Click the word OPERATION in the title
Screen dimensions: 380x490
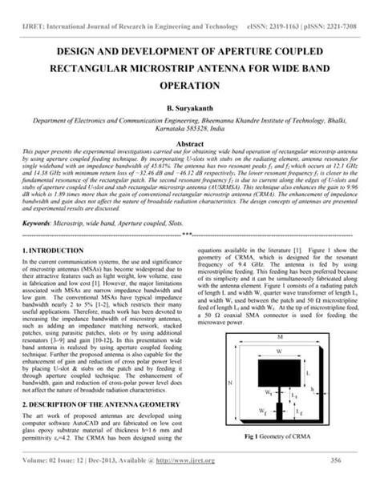(189, 83)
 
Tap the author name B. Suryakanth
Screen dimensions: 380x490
(190, 106)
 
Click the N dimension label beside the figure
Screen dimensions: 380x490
(231, 382)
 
